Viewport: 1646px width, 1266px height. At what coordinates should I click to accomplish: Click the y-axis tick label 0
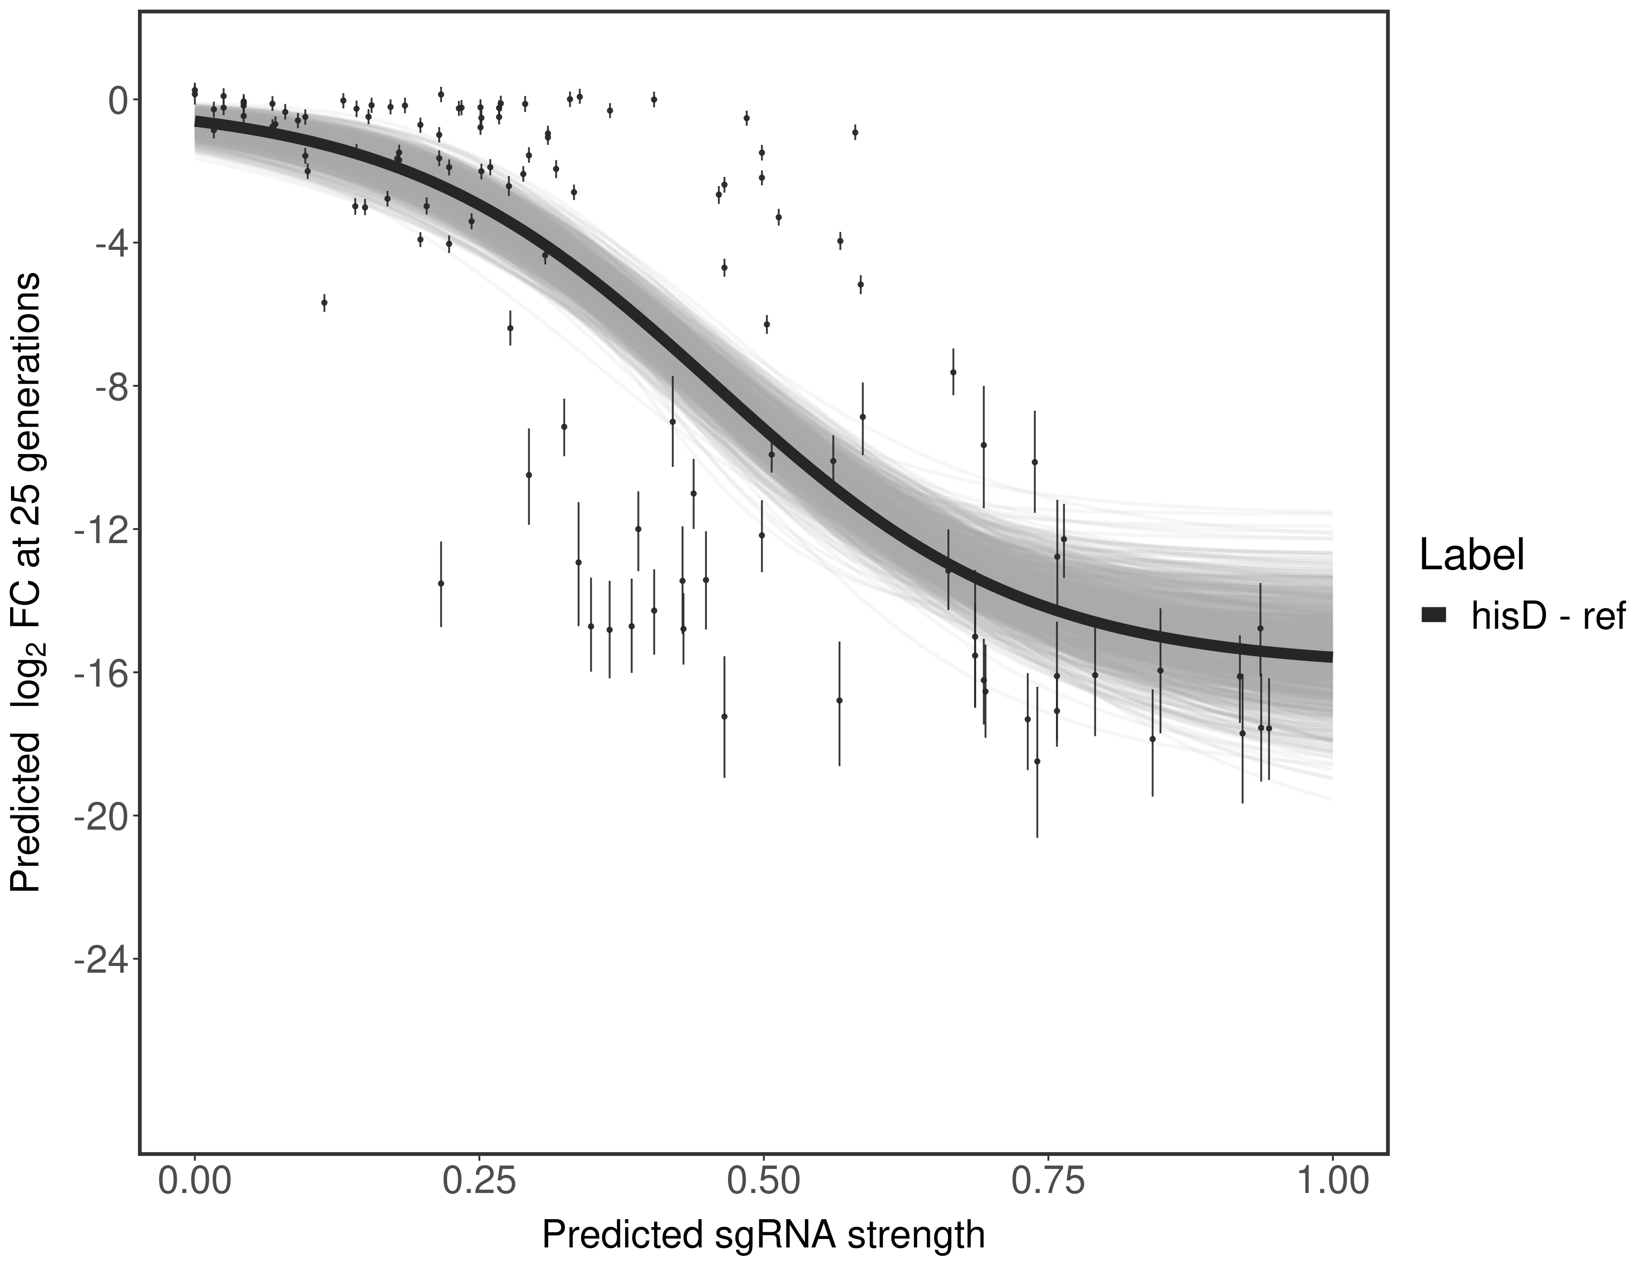coord(118,100)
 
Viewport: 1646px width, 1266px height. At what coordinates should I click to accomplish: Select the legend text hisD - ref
coord(1548,616)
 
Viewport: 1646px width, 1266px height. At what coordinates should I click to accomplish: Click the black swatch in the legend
coord(1433,616)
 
